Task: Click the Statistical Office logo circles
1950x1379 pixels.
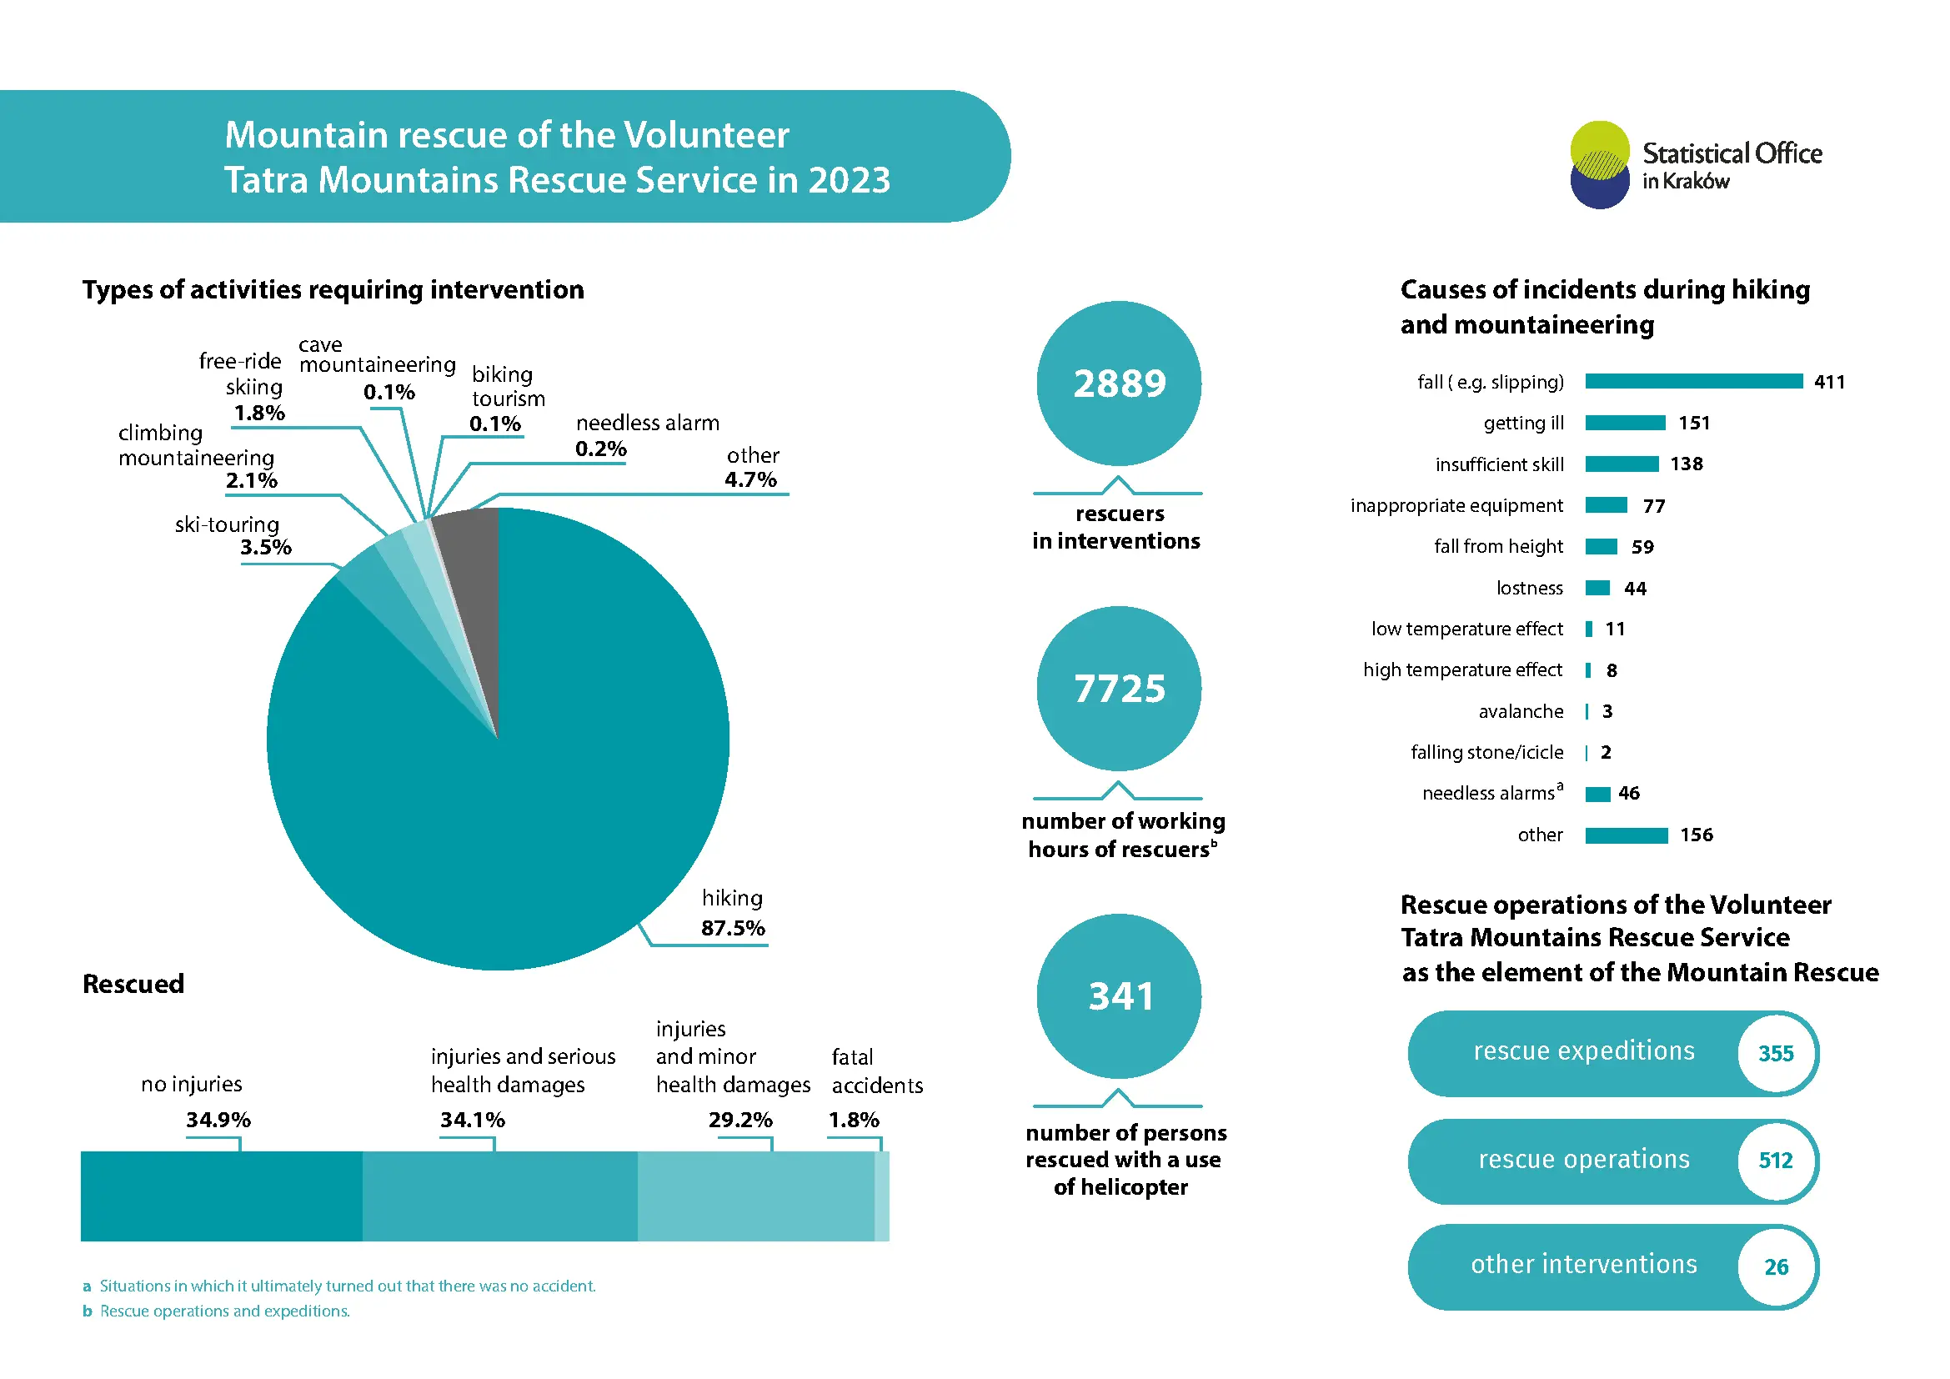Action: click(1599, 165)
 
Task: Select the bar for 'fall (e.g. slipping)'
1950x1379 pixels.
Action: click(1693, 381)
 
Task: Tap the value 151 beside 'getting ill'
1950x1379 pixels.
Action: click(1693, 423)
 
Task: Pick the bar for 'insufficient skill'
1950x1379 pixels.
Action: click(1622, 464)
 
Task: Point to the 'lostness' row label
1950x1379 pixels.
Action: click(1529, 588)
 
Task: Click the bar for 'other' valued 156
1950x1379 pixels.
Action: click(1627, 835)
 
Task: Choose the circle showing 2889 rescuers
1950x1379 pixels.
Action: click(1119, 383)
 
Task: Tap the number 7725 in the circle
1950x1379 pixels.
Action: click(1120, 689)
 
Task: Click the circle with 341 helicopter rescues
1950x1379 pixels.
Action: click(1119, 996)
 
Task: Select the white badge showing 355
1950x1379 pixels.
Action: click(1776, 1053)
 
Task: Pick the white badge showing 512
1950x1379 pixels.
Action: click(1776, 1161)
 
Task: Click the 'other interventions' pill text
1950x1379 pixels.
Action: click(1584, 1265)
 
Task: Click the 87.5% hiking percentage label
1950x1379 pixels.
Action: click(733, 927)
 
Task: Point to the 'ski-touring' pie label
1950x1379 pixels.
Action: click(227, 524)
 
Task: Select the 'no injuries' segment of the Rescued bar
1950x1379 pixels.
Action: click(222, 1196)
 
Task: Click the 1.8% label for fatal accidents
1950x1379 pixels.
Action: click(854, 1120)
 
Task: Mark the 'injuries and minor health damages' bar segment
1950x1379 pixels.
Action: click(756, 1196)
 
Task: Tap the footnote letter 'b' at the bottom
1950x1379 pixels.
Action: click(87, 1311)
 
